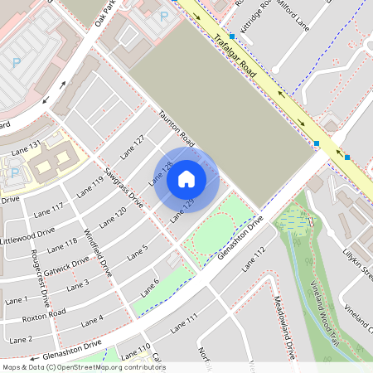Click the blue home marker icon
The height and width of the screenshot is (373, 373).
click(186, 179)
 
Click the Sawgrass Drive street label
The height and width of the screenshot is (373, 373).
click(124, 188)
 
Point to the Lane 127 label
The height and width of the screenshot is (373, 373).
click(132, 146)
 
